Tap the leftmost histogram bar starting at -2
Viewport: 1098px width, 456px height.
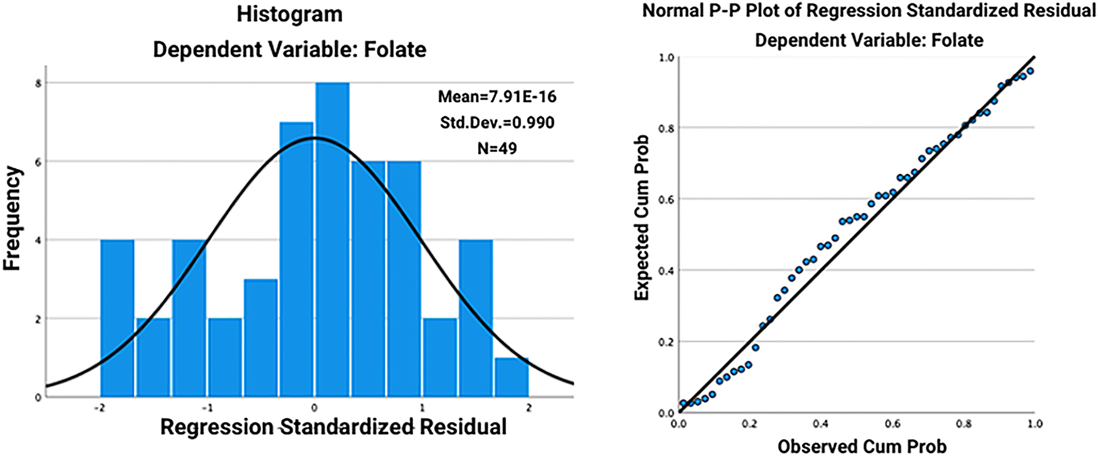tap(117, 318)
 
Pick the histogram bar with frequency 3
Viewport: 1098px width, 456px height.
tap(261, 338)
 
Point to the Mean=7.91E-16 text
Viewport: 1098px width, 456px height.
tap(497, 97)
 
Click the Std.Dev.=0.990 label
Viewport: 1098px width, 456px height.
tap(497, 122)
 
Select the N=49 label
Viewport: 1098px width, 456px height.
tap(497, 148)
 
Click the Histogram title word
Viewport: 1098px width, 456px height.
tap(290, 14)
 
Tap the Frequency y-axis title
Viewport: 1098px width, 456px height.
tap(12, 218)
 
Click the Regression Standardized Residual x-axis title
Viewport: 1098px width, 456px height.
tap(333, 427)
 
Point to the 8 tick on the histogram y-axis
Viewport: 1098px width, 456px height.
tap(38, 83)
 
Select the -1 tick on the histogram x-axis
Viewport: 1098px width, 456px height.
tap(207, 408)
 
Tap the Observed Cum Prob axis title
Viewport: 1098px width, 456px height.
tap(862, 446)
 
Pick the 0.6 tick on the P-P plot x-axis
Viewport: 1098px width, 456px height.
tap(893, 424)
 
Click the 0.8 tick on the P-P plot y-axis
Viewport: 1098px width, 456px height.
tap(666, 128)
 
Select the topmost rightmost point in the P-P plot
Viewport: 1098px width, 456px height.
tap(1030, 71)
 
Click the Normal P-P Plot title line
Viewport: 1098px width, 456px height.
tap(869, 11)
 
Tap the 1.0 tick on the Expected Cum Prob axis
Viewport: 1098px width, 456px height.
tap(666, 58)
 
